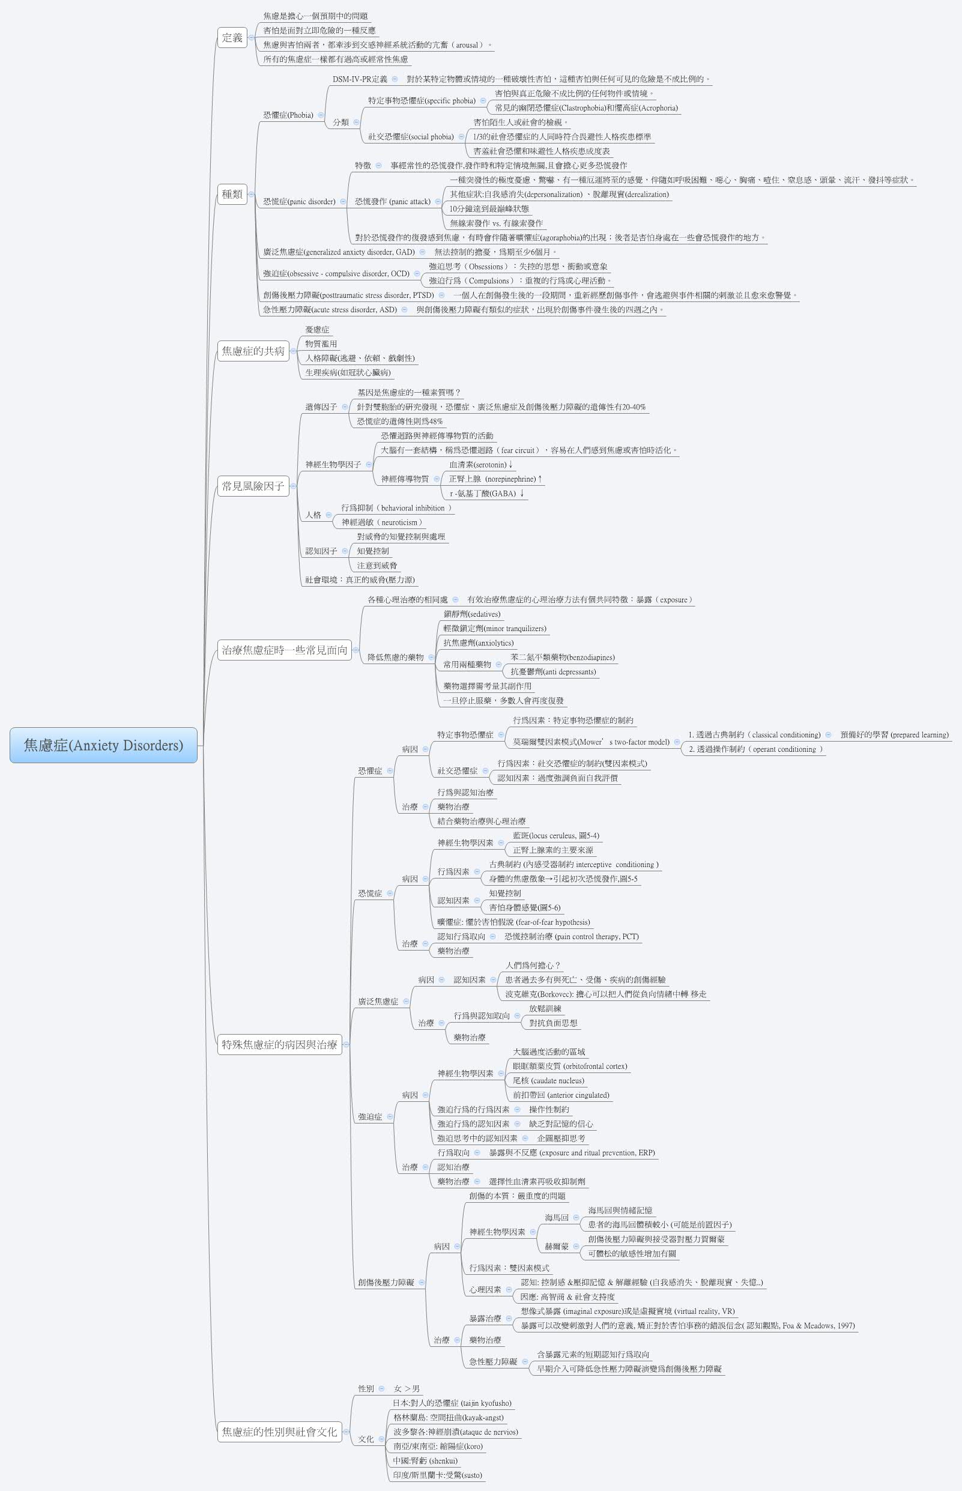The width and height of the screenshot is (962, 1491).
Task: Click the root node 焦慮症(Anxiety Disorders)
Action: pyautogui.click(x=103, y=745)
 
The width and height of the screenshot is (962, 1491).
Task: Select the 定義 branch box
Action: pyautogui.click(x=232, y=37)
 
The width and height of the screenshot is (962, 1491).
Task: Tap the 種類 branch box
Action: pyautogui.click(x=232, y=195)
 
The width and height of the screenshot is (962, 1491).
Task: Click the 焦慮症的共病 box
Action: pyautogui.click(x=253, y=351)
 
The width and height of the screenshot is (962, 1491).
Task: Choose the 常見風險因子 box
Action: pyautogui.click(x=253, y=486)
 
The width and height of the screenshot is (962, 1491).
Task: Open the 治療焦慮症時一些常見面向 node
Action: pyautogui.click(x=284, y=650)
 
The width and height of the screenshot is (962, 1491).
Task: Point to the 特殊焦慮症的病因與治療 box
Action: pyautogui.click(x=279, y=1044)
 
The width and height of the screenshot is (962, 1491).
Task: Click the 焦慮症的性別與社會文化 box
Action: pyautogui.click(x=279, y=1432)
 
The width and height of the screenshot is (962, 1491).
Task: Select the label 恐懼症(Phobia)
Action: pyautogui.click(x=288, y=115)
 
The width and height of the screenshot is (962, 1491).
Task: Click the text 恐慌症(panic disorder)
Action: pyautogui.click(x=298, y=202)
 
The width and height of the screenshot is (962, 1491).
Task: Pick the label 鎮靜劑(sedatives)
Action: pyautogui.click(x=471, y=614)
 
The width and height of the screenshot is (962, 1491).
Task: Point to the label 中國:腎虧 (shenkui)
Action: pyautogui.click(x=425, y=1461)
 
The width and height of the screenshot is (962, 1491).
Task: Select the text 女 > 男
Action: pyautogui.click(x=407, y=1388)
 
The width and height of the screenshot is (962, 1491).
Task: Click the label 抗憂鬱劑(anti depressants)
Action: pyautogui.click(x=553, y=671)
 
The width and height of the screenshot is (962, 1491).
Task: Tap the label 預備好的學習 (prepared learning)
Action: pyautogui.click(x=894, y=734)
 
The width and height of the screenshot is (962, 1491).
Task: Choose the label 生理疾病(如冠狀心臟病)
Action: pyautogui.click(x=348, y=373)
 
